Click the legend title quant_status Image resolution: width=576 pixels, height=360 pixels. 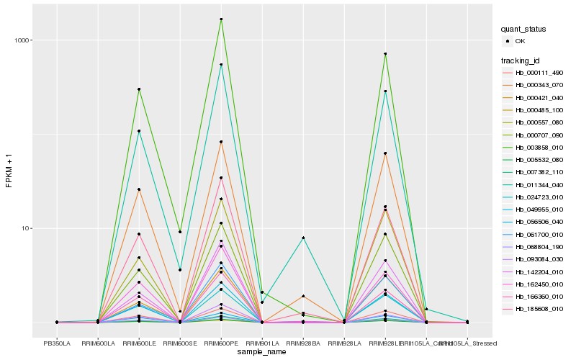[x=524, y=30]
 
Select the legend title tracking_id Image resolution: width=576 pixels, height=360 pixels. [x=521, y=60]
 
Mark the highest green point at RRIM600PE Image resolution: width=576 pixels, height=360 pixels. [x=221, y=19]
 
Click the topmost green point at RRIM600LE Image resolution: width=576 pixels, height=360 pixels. [x=139, y=89]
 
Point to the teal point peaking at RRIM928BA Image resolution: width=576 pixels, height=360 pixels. [x=303, y=238]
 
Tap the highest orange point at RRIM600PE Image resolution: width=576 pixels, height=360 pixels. [x=221, y=142]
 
